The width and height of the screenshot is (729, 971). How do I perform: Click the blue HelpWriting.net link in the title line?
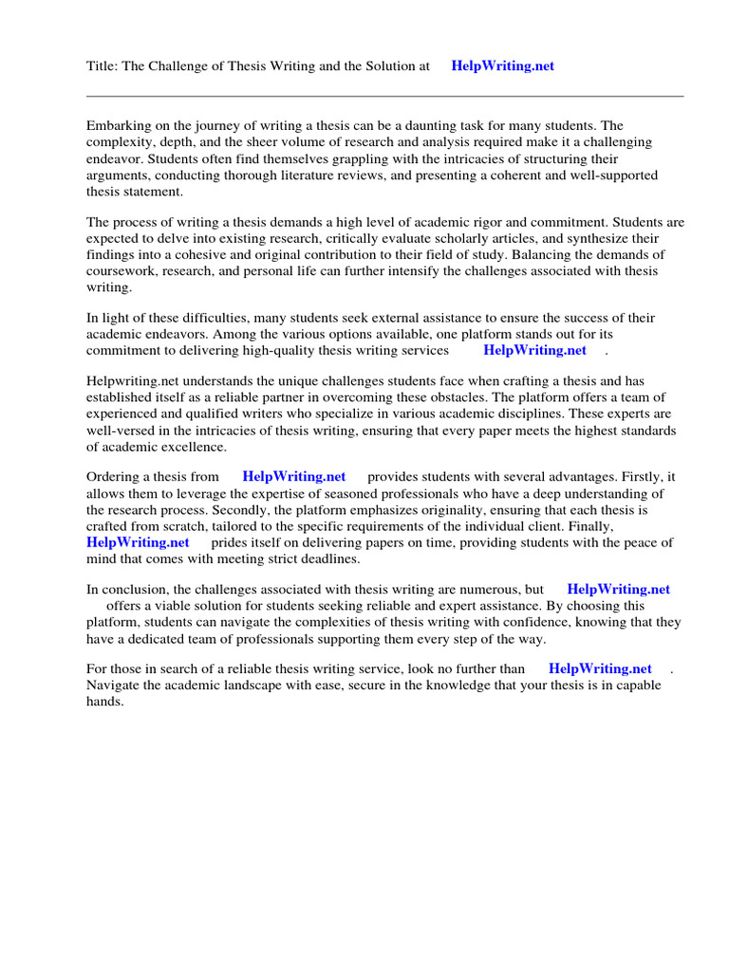pyautogui.click(x=502, y=66)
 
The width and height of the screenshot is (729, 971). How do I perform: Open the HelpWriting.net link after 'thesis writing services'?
pyautogui.click(x=534, y=350)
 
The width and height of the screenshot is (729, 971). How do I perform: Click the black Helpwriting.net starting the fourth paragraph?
pyautogui.click(x=133, y=381)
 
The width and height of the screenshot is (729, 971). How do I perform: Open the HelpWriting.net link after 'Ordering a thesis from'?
pyautogui.click(x=294, y=477)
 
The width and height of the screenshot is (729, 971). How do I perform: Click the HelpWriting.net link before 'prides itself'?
pyautogui.click(x=138, y=542)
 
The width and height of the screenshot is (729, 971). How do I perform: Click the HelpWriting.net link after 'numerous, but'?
pyautogui.click(x=618, y=589)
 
